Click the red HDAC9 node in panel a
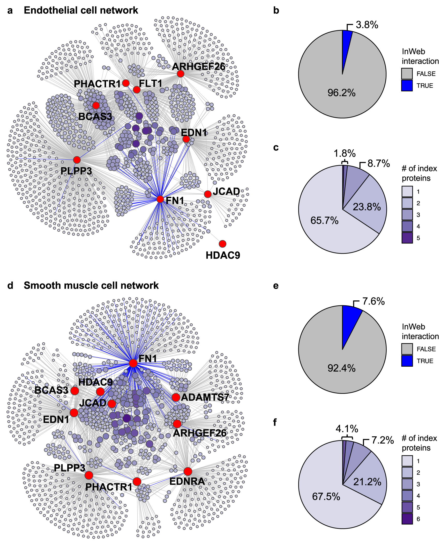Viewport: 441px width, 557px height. [x=222, y=244]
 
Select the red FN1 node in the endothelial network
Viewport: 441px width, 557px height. [x=160, y=199]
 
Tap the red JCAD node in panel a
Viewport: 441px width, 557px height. [x=208, y=194]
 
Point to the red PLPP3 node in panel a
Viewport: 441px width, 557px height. [x=77, y=160]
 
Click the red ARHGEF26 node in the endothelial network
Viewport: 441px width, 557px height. [x=181, y=74]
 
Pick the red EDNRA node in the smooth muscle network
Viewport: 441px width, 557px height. [x=188, y=472]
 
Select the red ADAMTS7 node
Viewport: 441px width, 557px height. [x=176, y=397]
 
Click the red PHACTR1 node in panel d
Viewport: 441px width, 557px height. [x=137, y=482]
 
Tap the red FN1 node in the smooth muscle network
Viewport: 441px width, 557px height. [x=133, y=363]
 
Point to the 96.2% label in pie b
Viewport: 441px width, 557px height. [x=341, y=93]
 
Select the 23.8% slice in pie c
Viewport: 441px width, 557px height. [x=367, y=205]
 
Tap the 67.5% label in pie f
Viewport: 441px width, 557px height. [x=326, y=496]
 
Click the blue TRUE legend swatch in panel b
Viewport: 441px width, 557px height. [x=407, y=86]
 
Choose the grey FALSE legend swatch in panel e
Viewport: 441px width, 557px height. [x=407, y=349]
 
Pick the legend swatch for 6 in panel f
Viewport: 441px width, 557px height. [x=407, y=519]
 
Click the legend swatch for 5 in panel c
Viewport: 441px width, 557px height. [x=407, y=238]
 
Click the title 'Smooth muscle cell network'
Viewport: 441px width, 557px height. [x=91, y=285]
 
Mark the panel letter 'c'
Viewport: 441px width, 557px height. [x=276, y=148]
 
